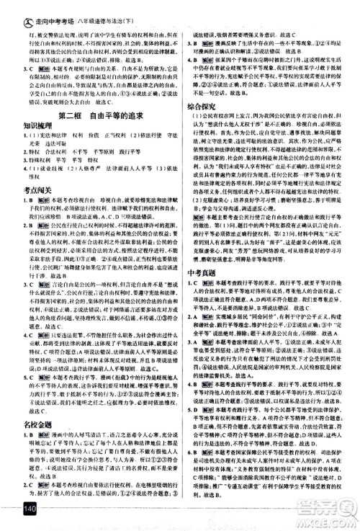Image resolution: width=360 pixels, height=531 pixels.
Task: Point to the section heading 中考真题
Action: (x=204, y=272)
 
